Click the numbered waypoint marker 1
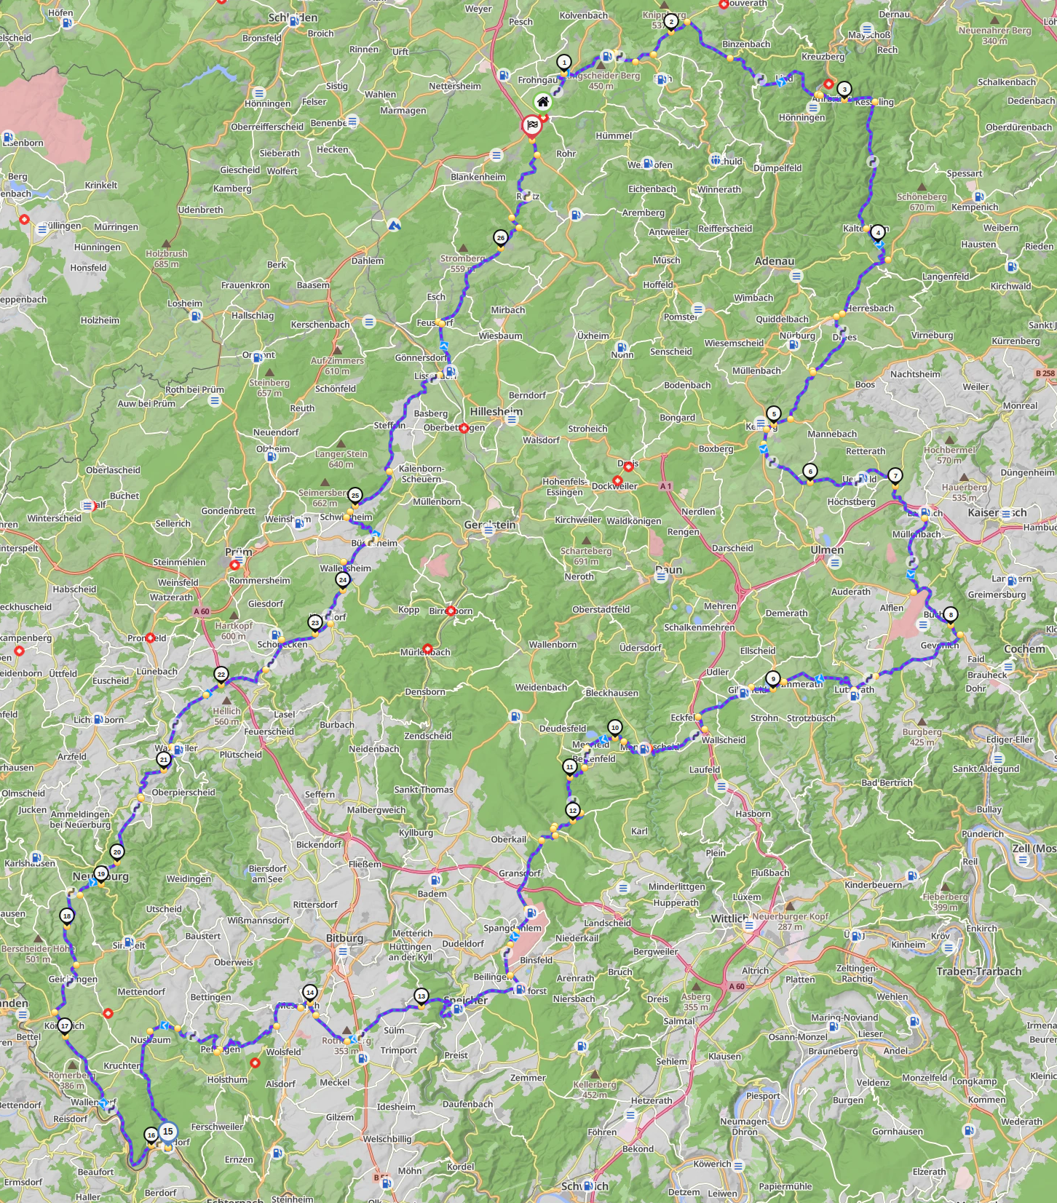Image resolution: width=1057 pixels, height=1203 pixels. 563,63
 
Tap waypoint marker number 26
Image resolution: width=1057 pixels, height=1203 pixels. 500,238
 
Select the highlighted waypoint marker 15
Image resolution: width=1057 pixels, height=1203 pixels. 168,1132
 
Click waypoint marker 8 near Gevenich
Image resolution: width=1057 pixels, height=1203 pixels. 950,615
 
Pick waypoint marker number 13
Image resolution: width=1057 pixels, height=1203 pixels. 421,996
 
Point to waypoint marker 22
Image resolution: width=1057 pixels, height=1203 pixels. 221,675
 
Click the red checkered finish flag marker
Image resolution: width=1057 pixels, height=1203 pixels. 532,125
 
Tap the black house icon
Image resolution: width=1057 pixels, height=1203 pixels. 542,102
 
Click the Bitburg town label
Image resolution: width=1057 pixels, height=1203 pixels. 344,938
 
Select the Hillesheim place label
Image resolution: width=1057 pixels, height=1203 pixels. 496,411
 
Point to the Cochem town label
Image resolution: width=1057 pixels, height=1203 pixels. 1024,649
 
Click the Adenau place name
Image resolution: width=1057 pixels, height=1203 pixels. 775,261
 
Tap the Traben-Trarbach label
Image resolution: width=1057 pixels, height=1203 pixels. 978,972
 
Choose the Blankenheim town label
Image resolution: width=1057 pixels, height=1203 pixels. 478,177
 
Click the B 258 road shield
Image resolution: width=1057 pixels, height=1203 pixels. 1045,373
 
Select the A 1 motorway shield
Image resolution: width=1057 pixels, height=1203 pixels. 665,486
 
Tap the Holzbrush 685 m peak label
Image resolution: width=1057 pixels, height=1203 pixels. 167,258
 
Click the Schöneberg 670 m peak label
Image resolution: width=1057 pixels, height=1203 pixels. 922,202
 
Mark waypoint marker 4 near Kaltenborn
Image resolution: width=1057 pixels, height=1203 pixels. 878,233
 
